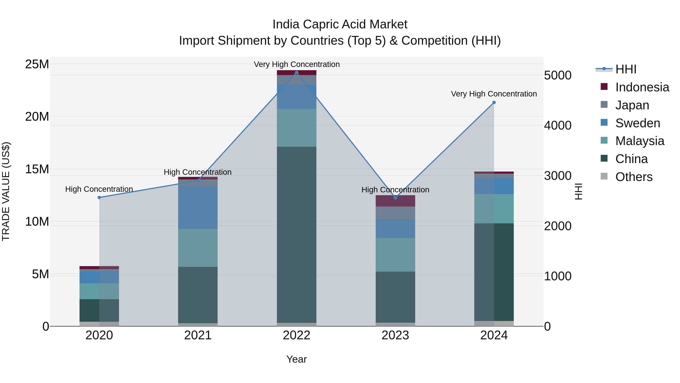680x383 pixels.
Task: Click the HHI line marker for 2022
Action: [x=296, y=72]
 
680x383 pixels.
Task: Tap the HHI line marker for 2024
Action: [x=494, y=103]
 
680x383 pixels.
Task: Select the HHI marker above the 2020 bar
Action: [x=99, y=197]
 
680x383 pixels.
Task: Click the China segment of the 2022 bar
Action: [x=296, y=235]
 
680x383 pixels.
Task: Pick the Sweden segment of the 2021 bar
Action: [x=198, y=207]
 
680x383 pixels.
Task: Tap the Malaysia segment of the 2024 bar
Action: [x=494, y=209]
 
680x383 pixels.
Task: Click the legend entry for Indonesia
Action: [x=642, y=87]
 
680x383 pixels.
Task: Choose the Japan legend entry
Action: [x=632, y=105]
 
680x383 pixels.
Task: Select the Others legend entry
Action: [x=634, y=177]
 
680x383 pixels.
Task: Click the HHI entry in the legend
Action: [x=626, y=69]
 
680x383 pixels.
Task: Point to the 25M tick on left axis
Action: [x=37, y=64]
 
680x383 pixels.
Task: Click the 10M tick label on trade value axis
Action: [x=37, y=221]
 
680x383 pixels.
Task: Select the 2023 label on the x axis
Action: [x=395, y=335]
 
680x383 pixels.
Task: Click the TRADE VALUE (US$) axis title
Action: [x=6, y=191]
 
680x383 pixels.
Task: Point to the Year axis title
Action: [x=296, y=359]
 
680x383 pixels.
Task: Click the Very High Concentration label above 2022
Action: [x=296, y=64]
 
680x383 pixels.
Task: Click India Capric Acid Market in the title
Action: [x=340, y=24]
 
